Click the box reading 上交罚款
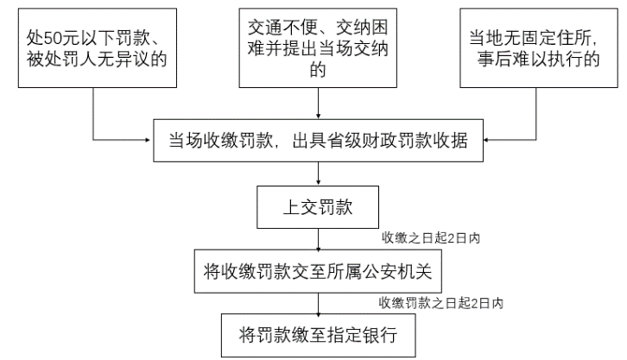click(318, 207)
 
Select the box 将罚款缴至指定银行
click(319, 335)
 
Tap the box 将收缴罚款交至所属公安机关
click(318, 271)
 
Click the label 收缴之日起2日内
click(431, 238)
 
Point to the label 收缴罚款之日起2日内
click(440, 303)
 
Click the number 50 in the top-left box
click(53, 38)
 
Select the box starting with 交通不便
click(318, 48)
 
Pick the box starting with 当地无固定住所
click(539, 48)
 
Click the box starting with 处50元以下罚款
click(98, 48)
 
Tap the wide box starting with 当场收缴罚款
click(319, 140)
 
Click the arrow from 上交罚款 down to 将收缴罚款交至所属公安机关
click(319, 239)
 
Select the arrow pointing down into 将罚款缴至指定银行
click(319, 304)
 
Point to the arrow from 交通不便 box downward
click(319, 103)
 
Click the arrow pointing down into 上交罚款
click(319, 174)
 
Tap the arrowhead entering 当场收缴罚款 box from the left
click(148, 140)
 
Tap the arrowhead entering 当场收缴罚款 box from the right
click(486, 140)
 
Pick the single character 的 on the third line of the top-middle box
click(318, 70)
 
